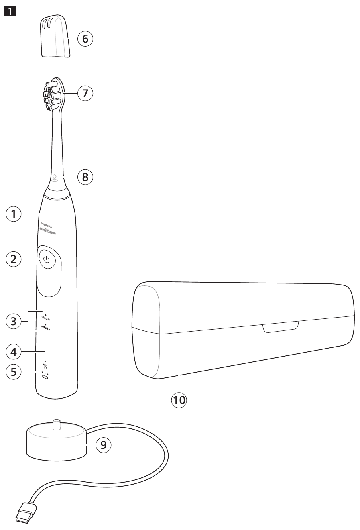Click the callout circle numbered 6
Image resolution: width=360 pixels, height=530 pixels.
pos(85,39)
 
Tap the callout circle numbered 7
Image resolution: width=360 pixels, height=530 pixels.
pos(85,93)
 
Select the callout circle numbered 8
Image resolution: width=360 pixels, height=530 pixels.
pos(85,177)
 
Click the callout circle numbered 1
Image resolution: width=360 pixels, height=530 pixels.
pos(14,214)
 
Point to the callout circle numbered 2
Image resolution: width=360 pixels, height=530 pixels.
pos(14,259)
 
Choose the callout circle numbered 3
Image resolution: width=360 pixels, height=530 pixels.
pos(14,321)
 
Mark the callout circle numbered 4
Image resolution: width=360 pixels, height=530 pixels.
pos(14,352)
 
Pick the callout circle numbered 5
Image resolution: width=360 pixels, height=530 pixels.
pos(14,372)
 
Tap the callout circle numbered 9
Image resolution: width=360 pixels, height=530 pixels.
pos(104,444)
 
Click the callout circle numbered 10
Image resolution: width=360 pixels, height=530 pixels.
pos(179,400)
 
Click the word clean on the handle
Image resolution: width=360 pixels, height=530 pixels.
pos(46,318)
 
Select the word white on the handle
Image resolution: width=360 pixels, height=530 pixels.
pos(46,328)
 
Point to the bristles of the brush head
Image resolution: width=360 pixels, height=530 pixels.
pos(51,95)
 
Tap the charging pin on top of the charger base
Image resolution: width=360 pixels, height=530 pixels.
pos(56,425)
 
